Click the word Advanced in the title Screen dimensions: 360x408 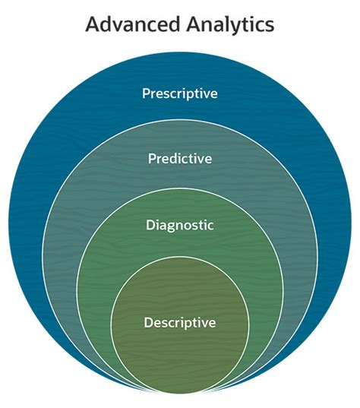(x=133, y=24)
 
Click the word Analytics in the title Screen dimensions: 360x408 (x=230, y=24)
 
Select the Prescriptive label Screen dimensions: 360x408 (x=180, y=93)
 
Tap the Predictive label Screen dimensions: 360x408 (x=180, y=159)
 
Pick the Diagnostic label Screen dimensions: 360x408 (x=180, y=226)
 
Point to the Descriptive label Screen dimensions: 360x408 (x=180, y=323)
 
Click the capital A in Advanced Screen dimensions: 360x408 (x=93, y=24)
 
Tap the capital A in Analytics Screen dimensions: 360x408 (x=194, y=24)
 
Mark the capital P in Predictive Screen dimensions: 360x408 (x=152, y=159)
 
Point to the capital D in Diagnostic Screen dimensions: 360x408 (x=150, y=226)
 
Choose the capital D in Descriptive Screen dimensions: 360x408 (x=149, y=323)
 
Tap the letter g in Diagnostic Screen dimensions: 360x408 (x=172, y=227)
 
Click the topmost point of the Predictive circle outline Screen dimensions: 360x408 (x=180, y=120)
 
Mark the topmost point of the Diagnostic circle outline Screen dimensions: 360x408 (x=180, y=188)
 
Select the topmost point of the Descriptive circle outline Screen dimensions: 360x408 (x=180, y=257)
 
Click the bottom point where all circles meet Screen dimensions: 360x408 (x=180, y=392)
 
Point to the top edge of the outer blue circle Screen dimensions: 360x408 (x=180, y=52)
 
